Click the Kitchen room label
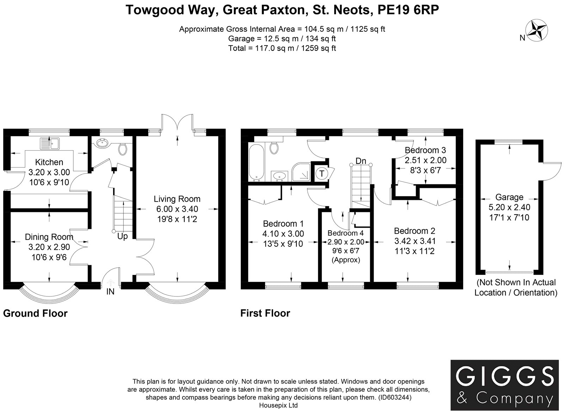[x=49, y=162]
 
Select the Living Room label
[x=177, y=199]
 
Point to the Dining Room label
[x=49, y=237]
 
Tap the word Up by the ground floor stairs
[x=123, y=237]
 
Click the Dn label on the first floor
[x=361, y=161]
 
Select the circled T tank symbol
[x=322, y=173]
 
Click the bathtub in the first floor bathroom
[x=256, y=162]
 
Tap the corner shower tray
[x=301, y=172]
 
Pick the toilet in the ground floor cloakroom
[x=123, y=149]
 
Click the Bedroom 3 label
[x=425, y=151]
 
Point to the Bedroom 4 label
[x=346, y=233]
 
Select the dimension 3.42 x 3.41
[x=415, y=241]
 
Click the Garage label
[x=509, y=197]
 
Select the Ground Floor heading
[x=35, y=314]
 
